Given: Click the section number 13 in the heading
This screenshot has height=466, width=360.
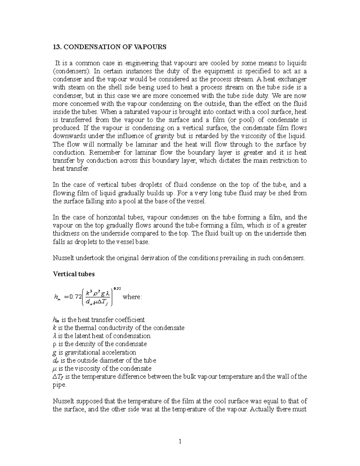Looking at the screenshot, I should [56, 47].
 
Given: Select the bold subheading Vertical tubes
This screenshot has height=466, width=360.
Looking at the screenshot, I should [73, 274].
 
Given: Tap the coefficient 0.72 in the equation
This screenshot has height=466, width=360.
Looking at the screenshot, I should [75, 297].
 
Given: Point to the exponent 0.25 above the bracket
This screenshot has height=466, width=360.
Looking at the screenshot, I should [117, 288].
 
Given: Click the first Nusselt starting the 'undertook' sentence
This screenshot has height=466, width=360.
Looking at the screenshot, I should [63, 258].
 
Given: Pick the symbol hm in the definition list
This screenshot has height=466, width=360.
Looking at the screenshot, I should [56, 320].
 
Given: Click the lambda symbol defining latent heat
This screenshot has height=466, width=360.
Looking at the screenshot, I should [54, 336].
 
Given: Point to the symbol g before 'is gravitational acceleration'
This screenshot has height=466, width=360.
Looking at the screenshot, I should [54, 353].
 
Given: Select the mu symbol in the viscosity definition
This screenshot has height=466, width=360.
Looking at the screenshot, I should [55, 368].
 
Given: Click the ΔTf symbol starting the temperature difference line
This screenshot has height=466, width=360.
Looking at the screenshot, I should [57, 377].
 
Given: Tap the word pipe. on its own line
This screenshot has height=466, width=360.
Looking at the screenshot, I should [59, 385].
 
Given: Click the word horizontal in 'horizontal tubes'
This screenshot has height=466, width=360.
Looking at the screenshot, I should [98, 217].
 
